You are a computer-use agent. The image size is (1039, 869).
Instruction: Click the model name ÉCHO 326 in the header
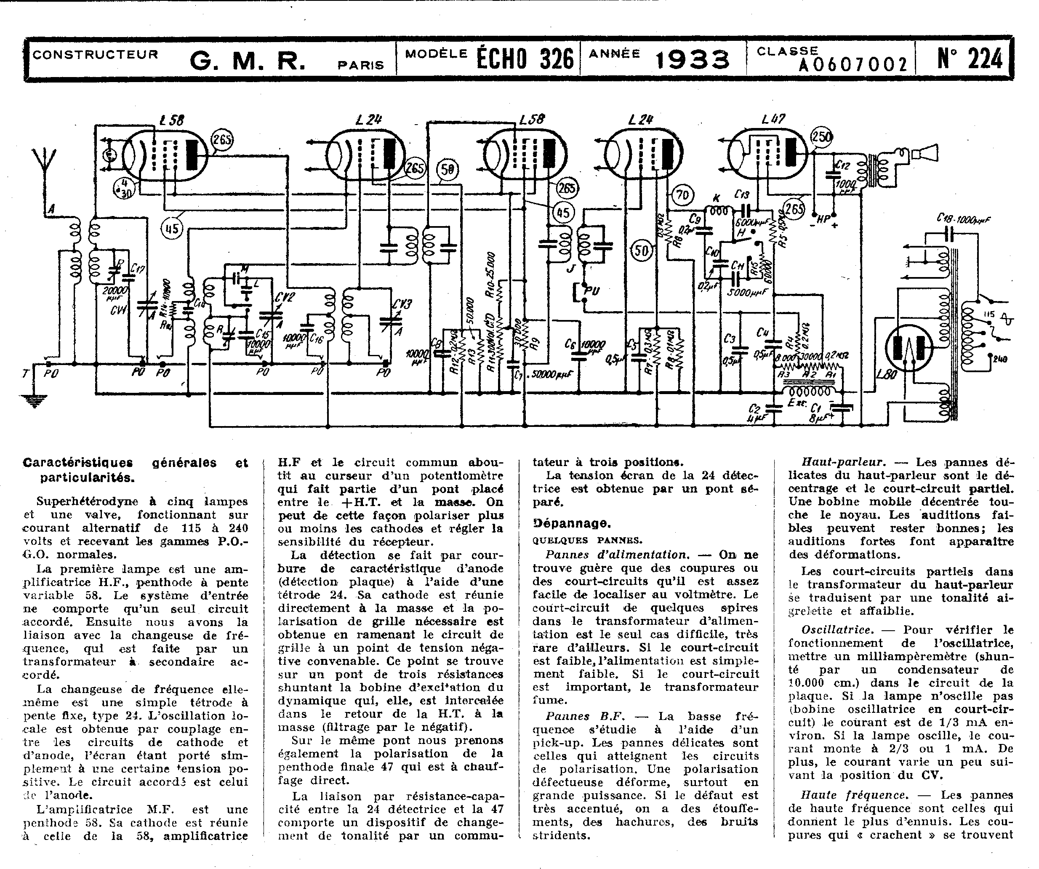pos(525,59)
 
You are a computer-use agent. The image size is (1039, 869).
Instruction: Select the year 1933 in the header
pos(692,60)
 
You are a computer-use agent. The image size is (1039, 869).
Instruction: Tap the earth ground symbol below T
pos(34,400)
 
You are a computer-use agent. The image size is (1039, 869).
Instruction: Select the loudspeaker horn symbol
pos(926,153)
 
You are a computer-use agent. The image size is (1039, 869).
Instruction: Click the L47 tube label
pos(773,119)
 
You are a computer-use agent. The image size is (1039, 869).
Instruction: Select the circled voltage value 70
pos(683,195)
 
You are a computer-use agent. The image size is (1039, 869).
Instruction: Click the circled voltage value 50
pos(642,251)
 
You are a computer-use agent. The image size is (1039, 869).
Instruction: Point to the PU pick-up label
pos(592,291)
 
